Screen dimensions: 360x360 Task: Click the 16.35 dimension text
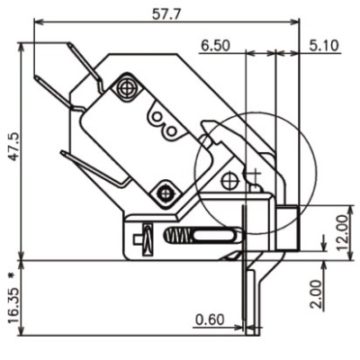(10, 307)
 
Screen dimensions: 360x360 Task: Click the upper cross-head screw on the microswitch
(126, 89)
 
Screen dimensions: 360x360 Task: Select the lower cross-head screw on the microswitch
(166, 191)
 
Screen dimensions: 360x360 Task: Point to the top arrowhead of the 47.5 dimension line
(20, 46)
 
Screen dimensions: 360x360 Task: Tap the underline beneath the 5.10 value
(321, 53)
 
